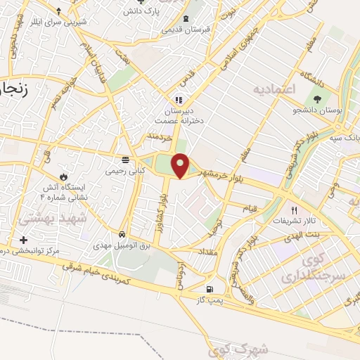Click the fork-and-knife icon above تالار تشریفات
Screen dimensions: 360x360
295,210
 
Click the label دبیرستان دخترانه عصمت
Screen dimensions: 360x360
179,115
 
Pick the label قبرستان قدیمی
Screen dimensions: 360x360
185,30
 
